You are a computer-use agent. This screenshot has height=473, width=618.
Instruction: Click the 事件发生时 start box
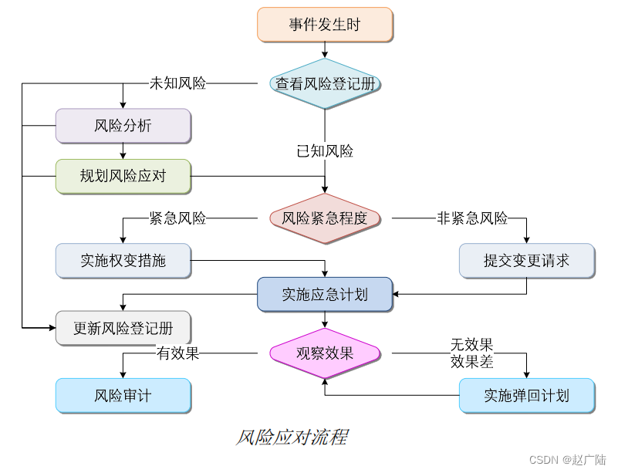[x=325, y=25]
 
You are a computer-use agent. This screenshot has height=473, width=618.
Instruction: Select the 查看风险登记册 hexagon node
[x=325, y=83]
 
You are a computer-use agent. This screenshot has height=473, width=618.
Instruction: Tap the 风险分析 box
[x=123, y=126]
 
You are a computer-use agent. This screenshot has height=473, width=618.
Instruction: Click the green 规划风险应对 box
[x=123, y=176]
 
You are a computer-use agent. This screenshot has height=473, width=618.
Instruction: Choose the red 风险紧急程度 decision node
[x=325, y=218]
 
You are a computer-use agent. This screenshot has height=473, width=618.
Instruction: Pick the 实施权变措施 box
[x=123, y=261]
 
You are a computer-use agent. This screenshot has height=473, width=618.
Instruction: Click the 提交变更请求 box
[x=527, y=261]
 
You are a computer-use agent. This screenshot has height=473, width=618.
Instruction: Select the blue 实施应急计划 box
[x=325, y=294]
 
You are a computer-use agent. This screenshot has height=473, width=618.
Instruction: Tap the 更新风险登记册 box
[x=123, y=328]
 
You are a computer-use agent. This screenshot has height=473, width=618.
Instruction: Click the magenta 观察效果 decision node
[x=325, y=354]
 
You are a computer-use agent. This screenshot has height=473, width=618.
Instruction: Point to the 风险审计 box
[x=123, y=396]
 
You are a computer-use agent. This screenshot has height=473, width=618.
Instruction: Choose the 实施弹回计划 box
[x=527, y=396]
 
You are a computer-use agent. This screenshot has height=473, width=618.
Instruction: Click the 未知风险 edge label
[x=177, y=83]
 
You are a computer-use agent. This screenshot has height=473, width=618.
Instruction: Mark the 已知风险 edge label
[x=325, y=151]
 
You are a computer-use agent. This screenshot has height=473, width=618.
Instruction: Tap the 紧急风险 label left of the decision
[x=177, y=218]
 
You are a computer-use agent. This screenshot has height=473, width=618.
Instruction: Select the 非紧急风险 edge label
[x=472, y=218]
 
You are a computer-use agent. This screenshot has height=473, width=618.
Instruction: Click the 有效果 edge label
[x=177, y=354]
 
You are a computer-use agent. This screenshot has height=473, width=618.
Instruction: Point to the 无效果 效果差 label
[x=471, y=353]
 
